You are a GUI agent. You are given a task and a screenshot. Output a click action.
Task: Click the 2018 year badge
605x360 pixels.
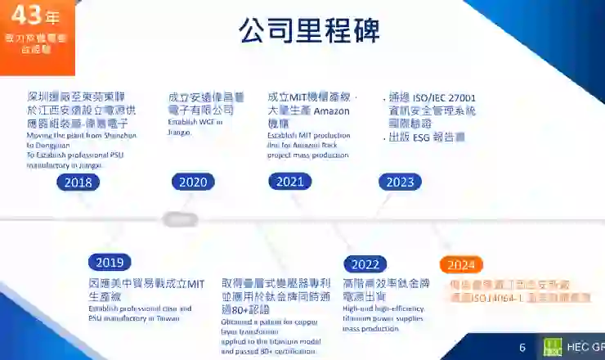pos(78,182)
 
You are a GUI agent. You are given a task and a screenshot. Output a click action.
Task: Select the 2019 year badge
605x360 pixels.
pos(109,263)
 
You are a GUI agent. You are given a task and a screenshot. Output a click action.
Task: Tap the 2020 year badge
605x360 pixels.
pos(193,182)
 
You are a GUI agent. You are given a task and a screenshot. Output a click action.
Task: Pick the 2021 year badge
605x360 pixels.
pos(289,182)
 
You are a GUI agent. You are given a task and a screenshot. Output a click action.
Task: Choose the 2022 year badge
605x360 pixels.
pos(365,264)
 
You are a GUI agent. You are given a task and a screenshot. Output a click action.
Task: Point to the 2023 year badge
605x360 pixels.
pos(401,182)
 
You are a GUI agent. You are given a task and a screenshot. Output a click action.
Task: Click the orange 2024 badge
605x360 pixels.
pos(461,264)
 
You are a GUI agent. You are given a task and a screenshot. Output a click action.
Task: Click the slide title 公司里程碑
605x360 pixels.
pos(309,31)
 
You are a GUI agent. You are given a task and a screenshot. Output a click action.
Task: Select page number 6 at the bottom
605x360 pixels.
pos(522,348)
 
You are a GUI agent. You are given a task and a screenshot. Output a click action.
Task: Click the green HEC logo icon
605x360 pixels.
pos(553,347)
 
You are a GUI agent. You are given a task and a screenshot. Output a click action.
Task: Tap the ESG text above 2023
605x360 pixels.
pos(421,137)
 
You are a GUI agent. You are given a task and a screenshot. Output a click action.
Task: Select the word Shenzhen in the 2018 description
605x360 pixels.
pos(120,134)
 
